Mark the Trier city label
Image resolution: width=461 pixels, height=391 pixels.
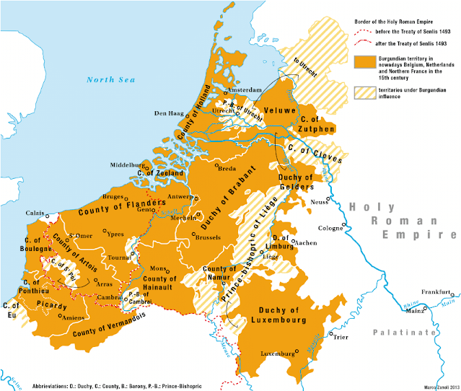(x=338, y=345)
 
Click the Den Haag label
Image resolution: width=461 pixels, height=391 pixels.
(x=170, y=113)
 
